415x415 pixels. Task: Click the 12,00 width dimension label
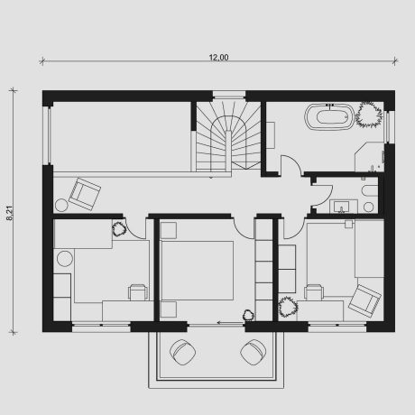coord(218,57)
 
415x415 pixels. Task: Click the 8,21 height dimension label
coord(10,213)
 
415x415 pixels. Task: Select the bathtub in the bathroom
coord(329,116)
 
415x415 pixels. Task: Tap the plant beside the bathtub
coord(369,115)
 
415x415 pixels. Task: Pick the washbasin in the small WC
coord(342,207)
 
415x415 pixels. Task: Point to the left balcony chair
coord(182,352)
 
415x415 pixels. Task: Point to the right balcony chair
coord(254,352)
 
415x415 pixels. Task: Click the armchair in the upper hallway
coord(85,194)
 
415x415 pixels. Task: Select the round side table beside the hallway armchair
coord(61,206)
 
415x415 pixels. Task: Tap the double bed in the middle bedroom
coord(197,270)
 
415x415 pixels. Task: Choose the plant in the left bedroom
coord(119,229)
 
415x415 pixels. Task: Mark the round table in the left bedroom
coord(65,259)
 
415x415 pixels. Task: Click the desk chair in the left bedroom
coord(138,292)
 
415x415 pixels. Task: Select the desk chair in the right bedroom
coord(314,292)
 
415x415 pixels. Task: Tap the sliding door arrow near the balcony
coord(230,323)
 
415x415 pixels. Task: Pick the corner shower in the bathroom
coord(370,157)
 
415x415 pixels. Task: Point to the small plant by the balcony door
coord(248,315)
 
